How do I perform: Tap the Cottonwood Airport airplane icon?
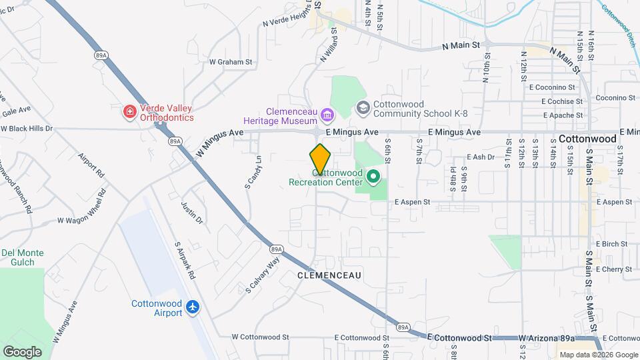point(193,307)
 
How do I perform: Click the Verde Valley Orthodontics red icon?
point(129,111)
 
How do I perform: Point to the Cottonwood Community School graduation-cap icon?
point(363,107)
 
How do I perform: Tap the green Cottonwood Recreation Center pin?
point(373,177)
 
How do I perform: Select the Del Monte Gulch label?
point(22,257)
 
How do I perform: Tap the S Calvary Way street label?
point(261,275)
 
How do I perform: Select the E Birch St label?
point(613,244)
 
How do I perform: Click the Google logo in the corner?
point(22,351)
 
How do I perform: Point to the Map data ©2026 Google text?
point(599,355)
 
